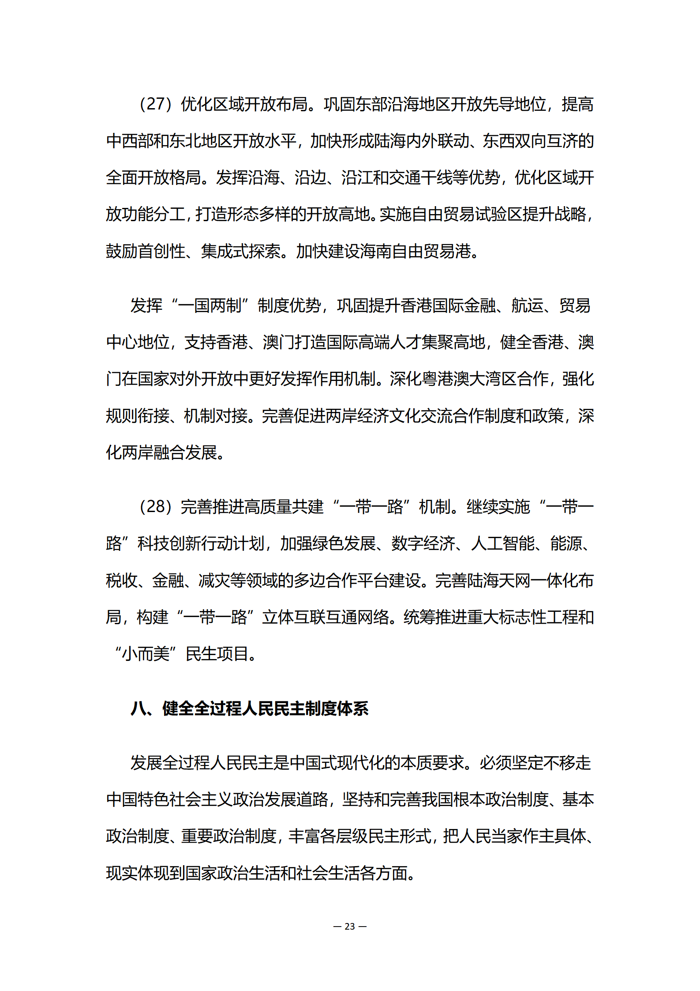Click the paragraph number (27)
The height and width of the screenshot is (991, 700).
(x=155, y=105)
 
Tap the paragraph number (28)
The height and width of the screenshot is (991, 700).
(x=155, y=507)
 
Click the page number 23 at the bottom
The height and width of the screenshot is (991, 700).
(x=350, y=926)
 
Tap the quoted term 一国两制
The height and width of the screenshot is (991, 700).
(x=210, y=306)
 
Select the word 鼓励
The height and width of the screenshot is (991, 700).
(x=122, y=252)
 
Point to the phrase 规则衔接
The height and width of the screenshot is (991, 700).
(x=138, y=416)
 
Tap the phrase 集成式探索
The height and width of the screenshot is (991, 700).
(x=241, y=252)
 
